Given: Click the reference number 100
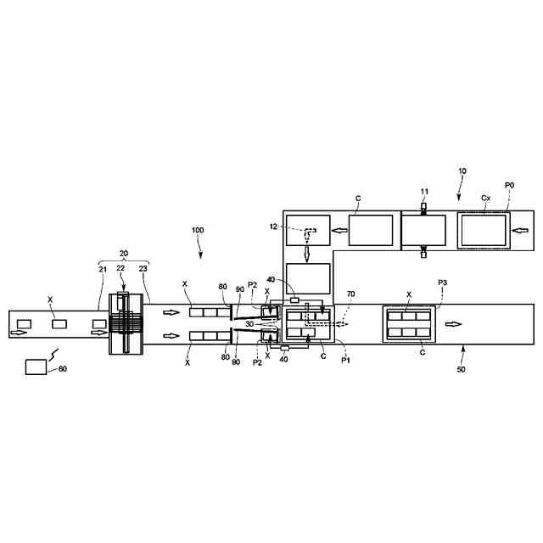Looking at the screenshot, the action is (197, 230).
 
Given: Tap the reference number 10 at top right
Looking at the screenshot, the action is (461, 171).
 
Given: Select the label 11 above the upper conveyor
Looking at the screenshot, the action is (424, 193).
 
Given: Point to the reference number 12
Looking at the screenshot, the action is (274, 226).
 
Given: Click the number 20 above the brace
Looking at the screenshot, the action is (123, 254).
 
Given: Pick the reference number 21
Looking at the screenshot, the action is (103, 269).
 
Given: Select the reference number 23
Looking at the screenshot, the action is (142, 269).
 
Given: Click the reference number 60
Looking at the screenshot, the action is (62, 369).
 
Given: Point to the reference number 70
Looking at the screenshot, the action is (350, 294).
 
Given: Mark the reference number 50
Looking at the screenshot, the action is (462, 371).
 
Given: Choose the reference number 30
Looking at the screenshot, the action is (249, 323).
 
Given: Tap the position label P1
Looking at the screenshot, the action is (346, 361).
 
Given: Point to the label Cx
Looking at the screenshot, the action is (485, 198).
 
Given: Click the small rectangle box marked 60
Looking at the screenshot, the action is (36, 367).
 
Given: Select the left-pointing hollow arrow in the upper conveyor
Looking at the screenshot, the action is (338, 229).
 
